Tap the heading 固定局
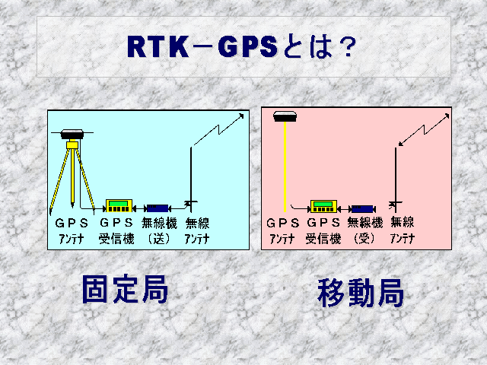pyautogui.click(x=125, y=289)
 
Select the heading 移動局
pyautogui.click(x=361, y=292)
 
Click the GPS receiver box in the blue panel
pyautogui.click(x=119, y=206)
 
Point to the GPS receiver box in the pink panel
pyautogui.click(x=324, y=207)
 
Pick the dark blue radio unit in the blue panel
pyautogui.click(x=158, y=208)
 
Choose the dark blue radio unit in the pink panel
pyautogui.click(x=362, y=209)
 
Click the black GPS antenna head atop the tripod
pyautogui.click(x=72, y=134)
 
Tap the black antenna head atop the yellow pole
pyautogui.click(x=285, y=116)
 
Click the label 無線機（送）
pyautogui.click(x=159, y=231)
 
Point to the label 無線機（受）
pyautogui.click(x=364, y=230)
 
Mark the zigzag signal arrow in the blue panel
pyautogui.click(x=219, y=129)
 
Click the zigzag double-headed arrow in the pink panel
pyautogui.click(x=424, y=129)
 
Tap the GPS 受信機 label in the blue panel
pyautogui.click(x=116, y=231)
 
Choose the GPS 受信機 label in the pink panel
pyautogui.click(x=323, y=230)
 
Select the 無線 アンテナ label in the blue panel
pyautogui.click(x=197, y=231)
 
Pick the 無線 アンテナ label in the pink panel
pyautogui.click(x=403, y=230)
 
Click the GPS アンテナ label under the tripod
pyautogui.click(x=72, y=231)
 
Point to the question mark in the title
pyautogui.click(x=348, y=47)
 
